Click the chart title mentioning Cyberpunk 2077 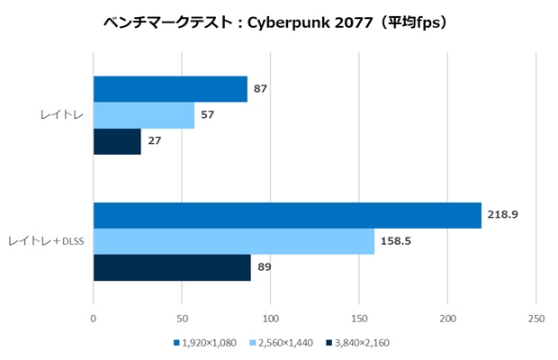point(275,23)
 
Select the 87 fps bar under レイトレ point(170,89)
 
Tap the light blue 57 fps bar point(144,115)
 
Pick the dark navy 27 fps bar point(117,141)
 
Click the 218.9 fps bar point(287,216)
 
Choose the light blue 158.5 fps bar point(234,241)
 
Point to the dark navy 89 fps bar point(172,267)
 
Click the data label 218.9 point(502,214)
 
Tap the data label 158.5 point(396,241)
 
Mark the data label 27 point(155,141)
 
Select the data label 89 point(265,266)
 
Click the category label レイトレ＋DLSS point(46,241)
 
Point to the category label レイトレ point(62,115)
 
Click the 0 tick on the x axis point(94,319)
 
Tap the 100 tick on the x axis point(271,319)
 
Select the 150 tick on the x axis point(359,319)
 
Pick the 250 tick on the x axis point(536,319)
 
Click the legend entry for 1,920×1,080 point(205,343)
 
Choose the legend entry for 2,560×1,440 point(282,343)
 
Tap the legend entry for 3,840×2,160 point(357,343)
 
